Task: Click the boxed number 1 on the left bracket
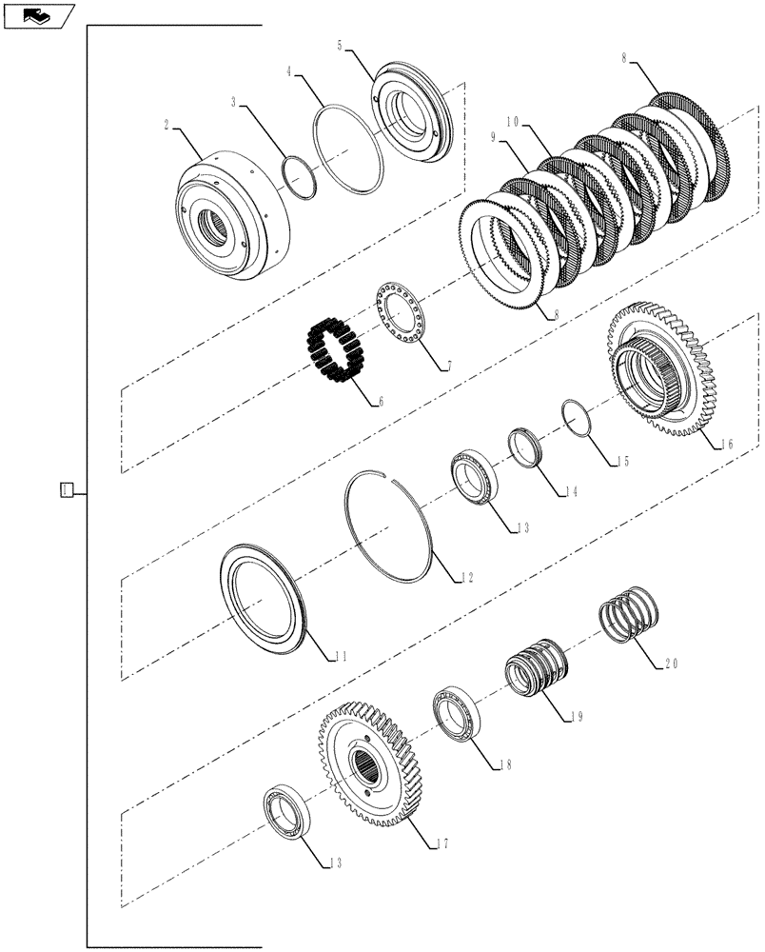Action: tap(65, 490)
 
